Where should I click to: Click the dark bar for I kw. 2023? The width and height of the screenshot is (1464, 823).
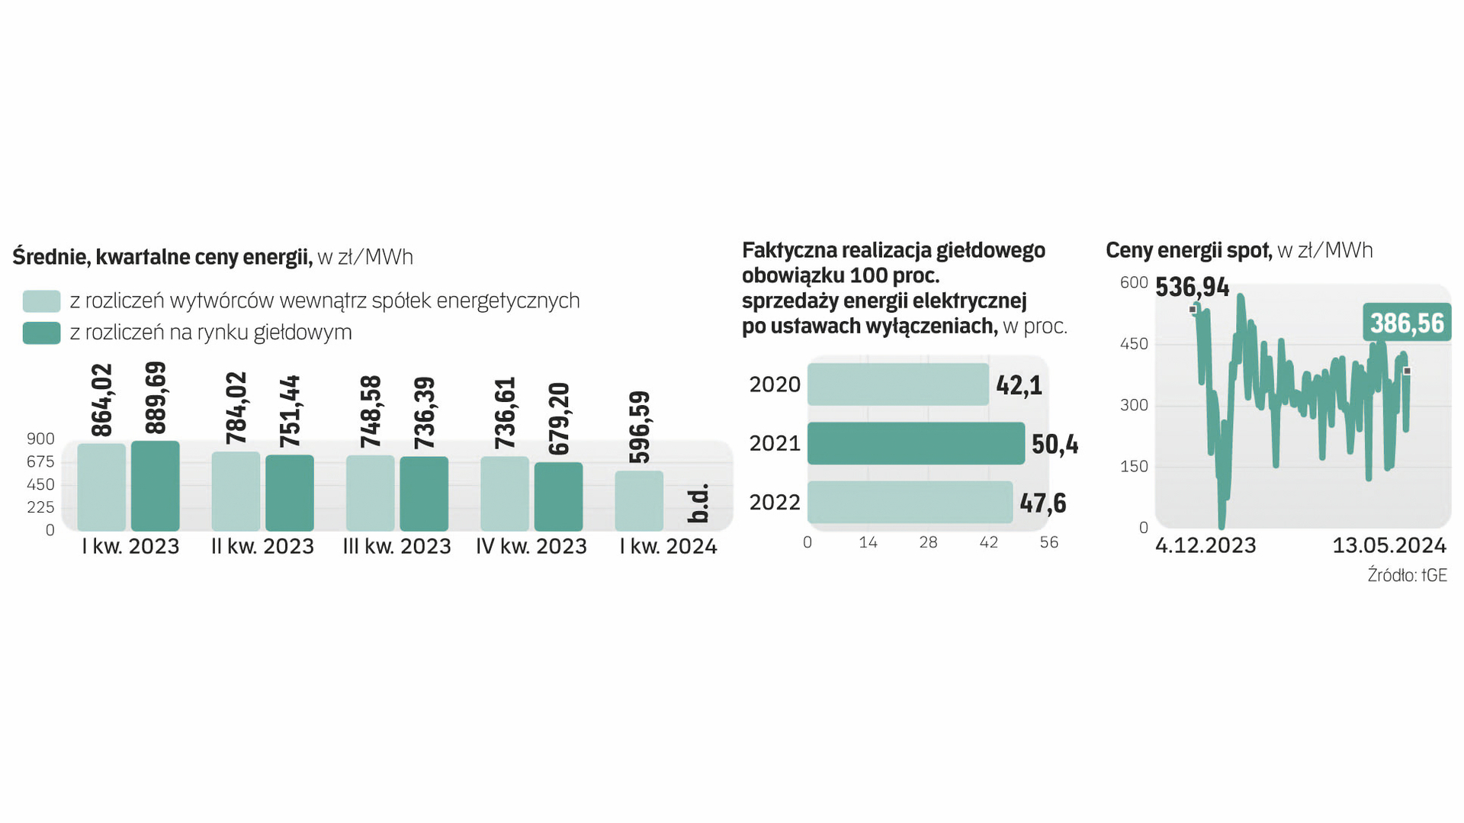[x=156, y=486]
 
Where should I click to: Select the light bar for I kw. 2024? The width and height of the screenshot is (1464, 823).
[x=639, y=500]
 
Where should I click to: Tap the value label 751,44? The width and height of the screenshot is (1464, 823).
[x=290, y=411]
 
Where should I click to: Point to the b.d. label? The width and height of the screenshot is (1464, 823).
[x=698, y=503]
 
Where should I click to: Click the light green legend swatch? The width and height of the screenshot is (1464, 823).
[x=41, y=301]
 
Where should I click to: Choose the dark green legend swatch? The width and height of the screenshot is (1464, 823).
[x=41, y=333]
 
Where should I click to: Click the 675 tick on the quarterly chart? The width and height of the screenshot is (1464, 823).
[x=40, y=461]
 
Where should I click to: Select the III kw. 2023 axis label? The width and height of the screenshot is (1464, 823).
[x=396, y=546]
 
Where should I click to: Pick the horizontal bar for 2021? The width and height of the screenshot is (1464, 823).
[x=916, y=443]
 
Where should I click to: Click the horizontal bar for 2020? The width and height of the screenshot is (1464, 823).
[x=898, y=384]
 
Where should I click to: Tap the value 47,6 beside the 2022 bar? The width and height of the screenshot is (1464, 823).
[x=1043, y=503]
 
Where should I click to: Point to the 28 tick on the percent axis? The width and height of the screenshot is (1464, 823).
[x=928, y=542]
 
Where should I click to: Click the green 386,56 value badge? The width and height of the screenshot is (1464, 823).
[x=1407, y=323]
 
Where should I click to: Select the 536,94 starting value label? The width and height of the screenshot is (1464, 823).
[x=1192, y=288]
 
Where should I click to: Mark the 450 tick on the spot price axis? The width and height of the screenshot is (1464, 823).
[x=1134, y=344]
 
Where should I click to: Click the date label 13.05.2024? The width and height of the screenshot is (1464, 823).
[x=1389, y=545]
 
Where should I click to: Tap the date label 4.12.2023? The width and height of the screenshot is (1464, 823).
[x=1206, y=545]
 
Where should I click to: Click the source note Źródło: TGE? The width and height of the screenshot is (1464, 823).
[x=1407, y=575]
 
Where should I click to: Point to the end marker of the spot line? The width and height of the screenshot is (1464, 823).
[x=1407, y=371]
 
